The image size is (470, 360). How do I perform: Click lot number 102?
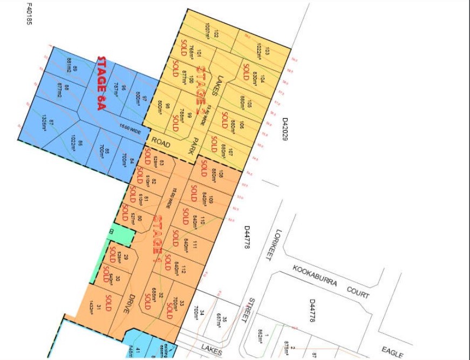tap(216, 34)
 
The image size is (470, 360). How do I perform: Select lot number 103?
tap(268, 51)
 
